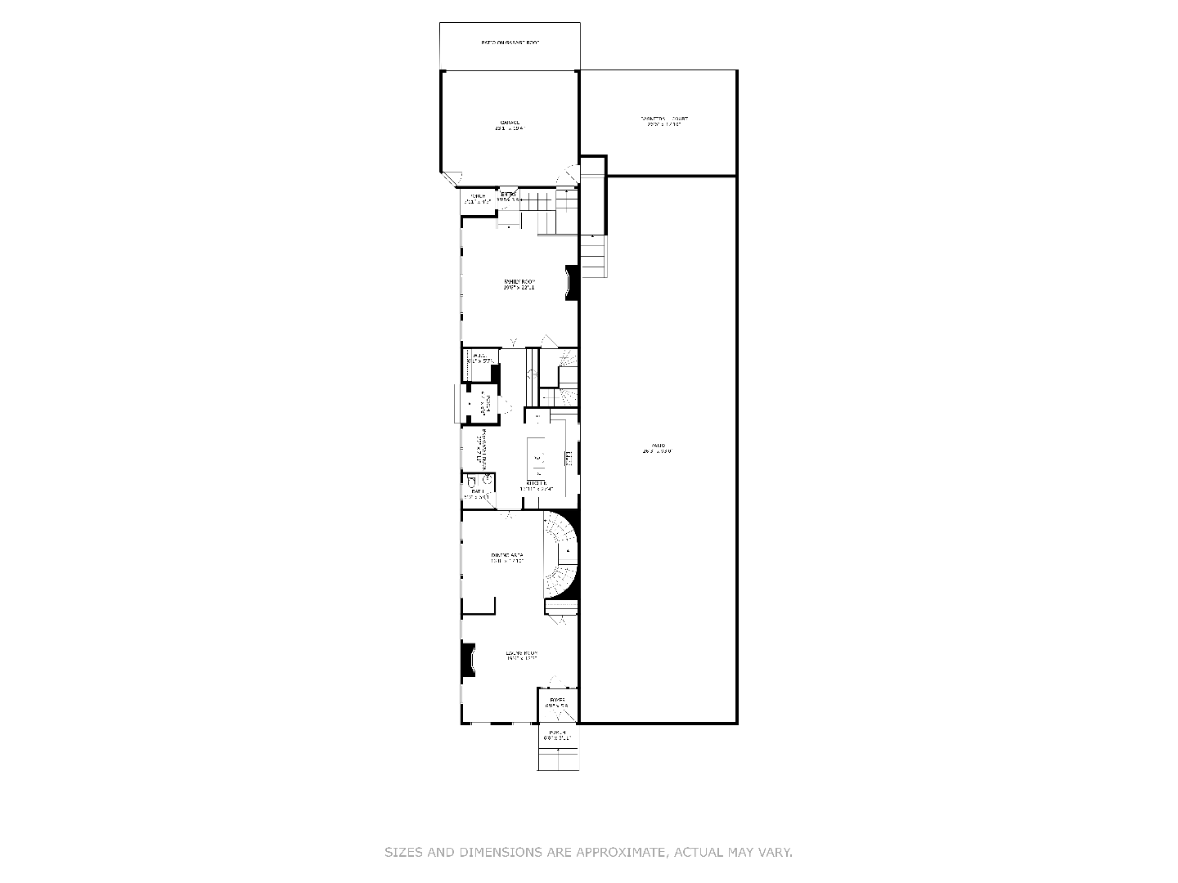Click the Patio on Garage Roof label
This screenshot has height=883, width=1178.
[510, 43]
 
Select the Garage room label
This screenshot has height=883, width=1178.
[509, 125]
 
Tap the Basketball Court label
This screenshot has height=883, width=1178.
[664, 122]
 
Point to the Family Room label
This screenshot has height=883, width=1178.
[519, 285]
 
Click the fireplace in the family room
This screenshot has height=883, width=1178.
[573, 283]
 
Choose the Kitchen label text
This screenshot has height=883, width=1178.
[536, 484]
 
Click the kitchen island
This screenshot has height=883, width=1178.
[537, 458]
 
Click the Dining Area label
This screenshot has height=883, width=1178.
[506, 558]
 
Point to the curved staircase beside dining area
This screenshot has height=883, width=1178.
[562, 554]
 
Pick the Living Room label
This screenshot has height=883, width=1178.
[521, 656]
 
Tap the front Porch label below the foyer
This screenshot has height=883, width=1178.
[557, 734]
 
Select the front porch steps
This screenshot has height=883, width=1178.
[558, 759]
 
